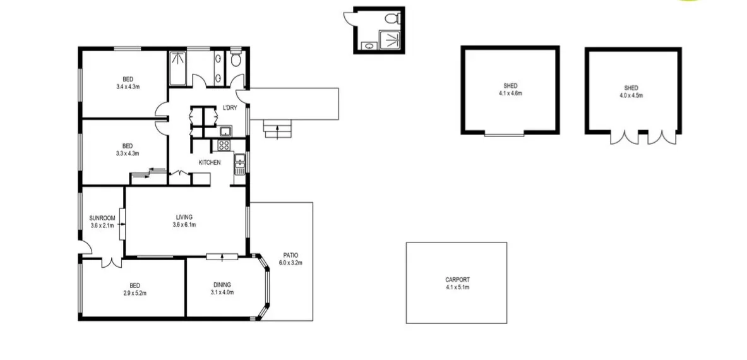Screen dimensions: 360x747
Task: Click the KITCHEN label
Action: (x=210, y=163)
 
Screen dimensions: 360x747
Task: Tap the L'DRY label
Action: (x=229, y=108)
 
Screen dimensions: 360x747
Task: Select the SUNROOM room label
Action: (x=102, y=218)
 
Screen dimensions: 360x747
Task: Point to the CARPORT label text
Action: (x=457, y=280)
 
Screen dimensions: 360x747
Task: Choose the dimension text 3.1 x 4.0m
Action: (x=222, y=292)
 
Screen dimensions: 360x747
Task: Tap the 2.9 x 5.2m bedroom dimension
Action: (x=134, y=292)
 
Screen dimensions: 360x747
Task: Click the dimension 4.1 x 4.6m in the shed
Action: (x=510, y=93)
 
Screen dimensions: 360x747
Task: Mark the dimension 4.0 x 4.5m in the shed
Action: (x=631, y=96)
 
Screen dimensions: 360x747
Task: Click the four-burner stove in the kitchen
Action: (x=224, y=145)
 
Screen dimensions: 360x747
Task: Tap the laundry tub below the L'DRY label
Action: (x=224, y=131)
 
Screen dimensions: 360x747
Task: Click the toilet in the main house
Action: (x=236, y=60)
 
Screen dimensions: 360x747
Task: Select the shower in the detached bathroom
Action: (x=392, y=40)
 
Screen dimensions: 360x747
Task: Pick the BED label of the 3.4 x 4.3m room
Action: (x=128, y=79)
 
